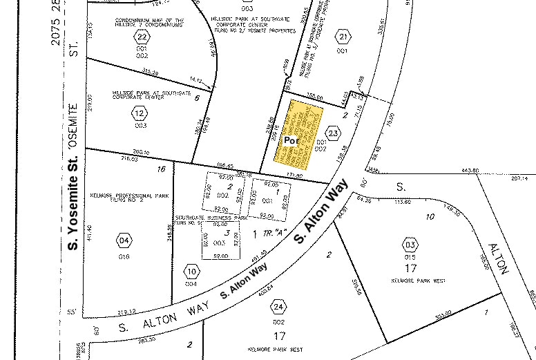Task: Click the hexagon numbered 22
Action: pos(142,37)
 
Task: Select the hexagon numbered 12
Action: pos(140,113)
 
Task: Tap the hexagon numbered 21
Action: pos(342,36)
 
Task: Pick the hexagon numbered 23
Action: pos(334,133)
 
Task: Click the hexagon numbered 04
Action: pos(124,241)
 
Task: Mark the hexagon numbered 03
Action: pos(410,245)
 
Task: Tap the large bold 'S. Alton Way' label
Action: pos(319,217)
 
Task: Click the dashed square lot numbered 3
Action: pos(221,240)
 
